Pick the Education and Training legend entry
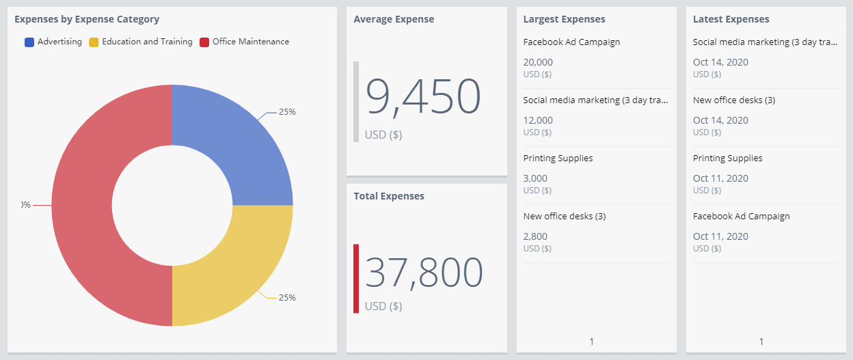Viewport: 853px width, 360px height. pyautogui.click(x=141, y=42)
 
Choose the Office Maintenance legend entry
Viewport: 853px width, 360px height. pyautogui.click(x=244, y=42)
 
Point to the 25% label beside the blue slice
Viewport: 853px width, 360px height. pyautogui.click(x=287, y=112)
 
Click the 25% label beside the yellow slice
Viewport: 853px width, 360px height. pyautogui.click(x=287, y=298)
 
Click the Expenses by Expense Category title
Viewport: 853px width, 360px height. pyautogui.click(x=87, y=19)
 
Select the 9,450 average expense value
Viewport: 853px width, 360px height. pyautogui.click(x=424, y=96)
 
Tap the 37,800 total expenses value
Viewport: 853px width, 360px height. pyautogui.click(x=424, y=273)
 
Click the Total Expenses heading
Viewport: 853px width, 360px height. pyautogui.click(x=389, y=196)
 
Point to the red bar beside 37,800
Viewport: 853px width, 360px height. pyautogui.click(x=356, y=279)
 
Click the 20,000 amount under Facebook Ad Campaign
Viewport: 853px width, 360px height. pyautogui.click(x=538, y=62)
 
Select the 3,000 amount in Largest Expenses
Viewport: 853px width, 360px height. pyautogui.click(x=535, y=178)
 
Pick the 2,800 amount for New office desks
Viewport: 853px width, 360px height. pyautogui.click(x=535, y=236)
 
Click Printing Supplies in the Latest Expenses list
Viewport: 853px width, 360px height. pyautogui.click(x=727, y=158)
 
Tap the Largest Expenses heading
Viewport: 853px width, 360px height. pyautogui.click(x=564, y=19)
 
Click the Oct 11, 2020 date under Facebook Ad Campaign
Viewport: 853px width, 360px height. pyautogui.click(x=720, y=236)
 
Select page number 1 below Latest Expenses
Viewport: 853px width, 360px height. pyautogui.click(x=761, y=342)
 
